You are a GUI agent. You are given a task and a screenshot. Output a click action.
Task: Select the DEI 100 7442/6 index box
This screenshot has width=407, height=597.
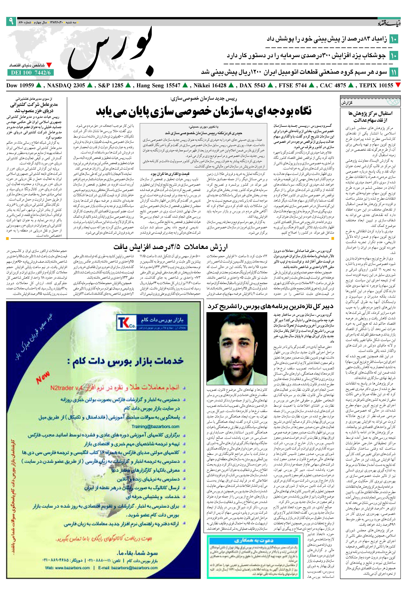point(31,73)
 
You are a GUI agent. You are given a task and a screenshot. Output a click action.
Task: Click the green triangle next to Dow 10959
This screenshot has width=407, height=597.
point(39,85)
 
